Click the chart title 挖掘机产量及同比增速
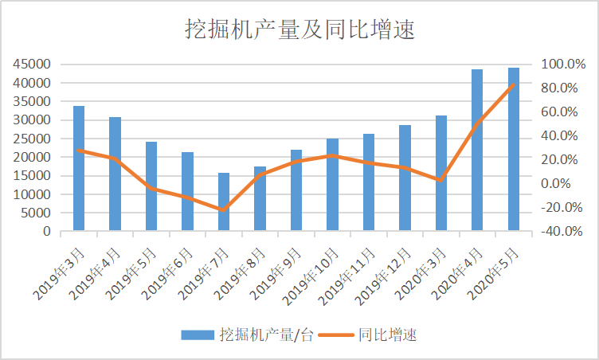tap(299, 29)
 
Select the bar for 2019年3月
tap(79, 169)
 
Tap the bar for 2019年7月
tap(224, 202)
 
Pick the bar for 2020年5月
tap(514, 150)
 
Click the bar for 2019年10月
tap(332, 185)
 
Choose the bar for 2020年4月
tap(477, 151)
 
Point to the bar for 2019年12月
tap(405, 178)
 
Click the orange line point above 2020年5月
tap(514, 84)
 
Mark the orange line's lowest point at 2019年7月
tap(224, 210)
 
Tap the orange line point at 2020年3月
tap(441, 180)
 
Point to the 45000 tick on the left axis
tap(34, 65)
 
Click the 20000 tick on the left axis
tap(34, 158)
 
